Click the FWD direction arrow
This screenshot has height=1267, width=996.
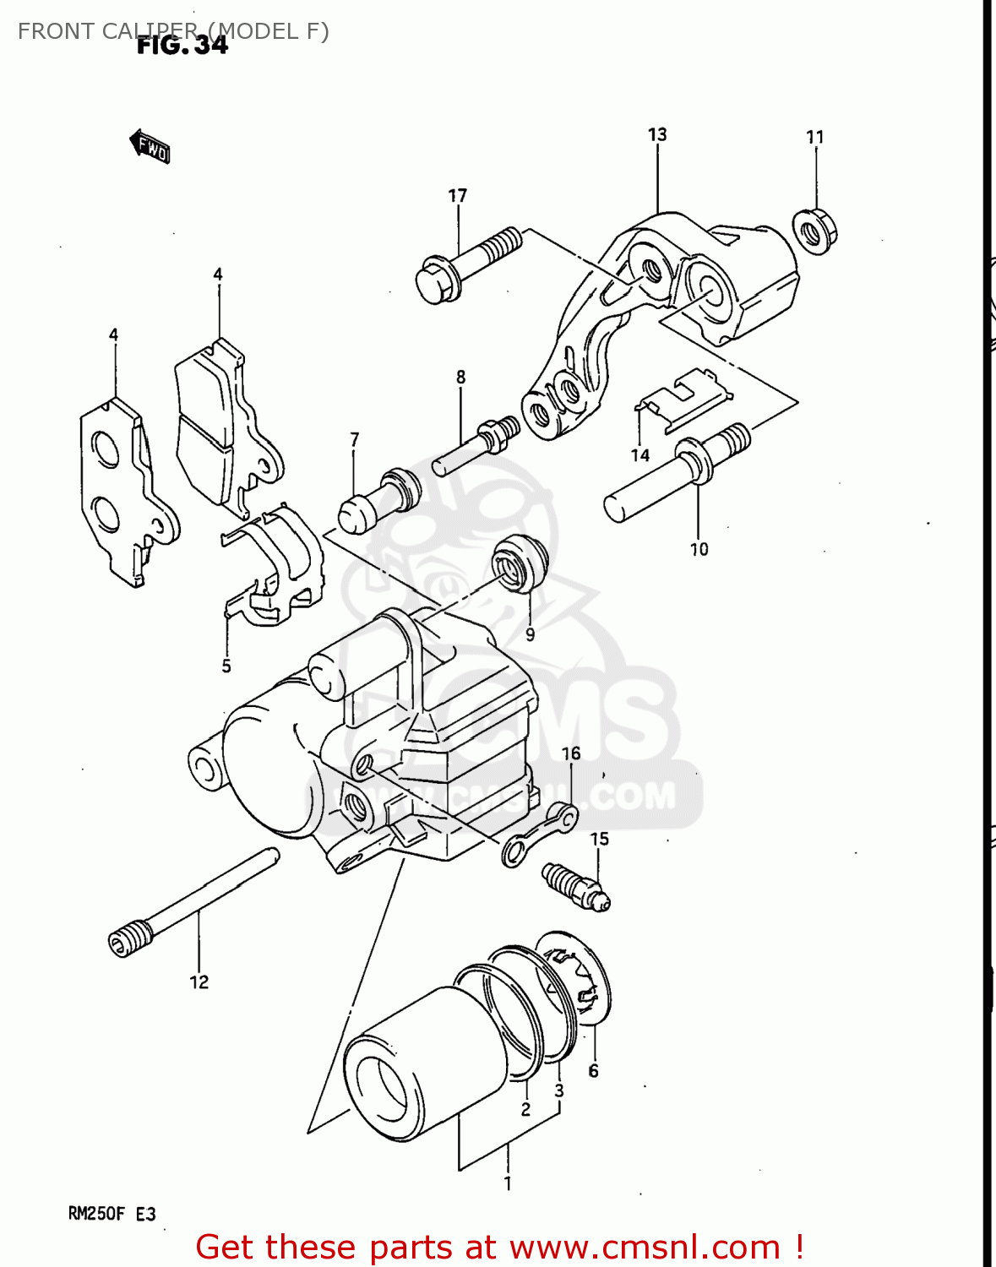pyautogui.click(x=150, y=147)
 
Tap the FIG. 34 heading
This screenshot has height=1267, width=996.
pyautogui.click(x=182, y=45)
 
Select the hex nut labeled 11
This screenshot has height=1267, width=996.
pyautogui.click(x=814, y=228)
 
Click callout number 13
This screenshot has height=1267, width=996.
pyautogui.click(x=657, y=134)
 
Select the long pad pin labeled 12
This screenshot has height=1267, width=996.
pyautogui.click(x=194, y=900)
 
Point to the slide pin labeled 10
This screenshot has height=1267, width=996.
pyautogui.click(x=676, y=475)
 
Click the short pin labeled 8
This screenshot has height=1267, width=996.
pyautogui.click(x=477, y=444)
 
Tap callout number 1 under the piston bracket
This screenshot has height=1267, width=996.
pyautogui.click(x=508, y=1184)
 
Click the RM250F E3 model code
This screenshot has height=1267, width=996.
pyautogui.click(x=112, y=1214)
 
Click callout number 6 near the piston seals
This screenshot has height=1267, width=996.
pyautogui.click(x=593, y=1070)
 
